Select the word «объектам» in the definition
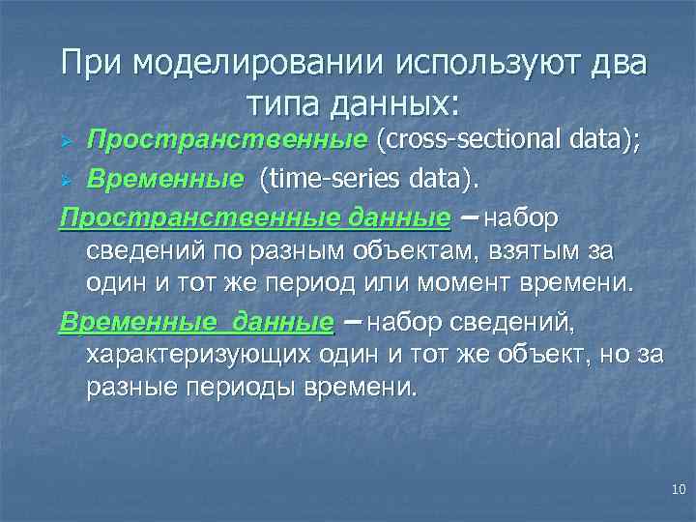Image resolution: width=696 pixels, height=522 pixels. pyautogui.click(x=433, y=252)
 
